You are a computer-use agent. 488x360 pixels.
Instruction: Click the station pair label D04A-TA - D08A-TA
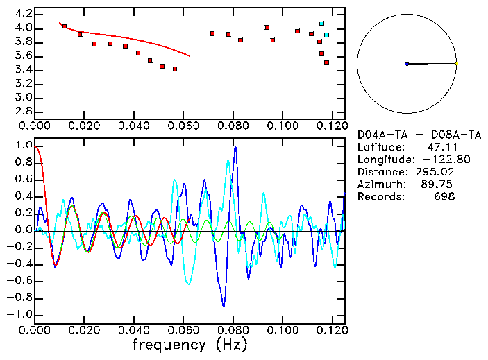click(419, 135)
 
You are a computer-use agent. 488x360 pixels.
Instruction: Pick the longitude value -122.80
click(437, 160)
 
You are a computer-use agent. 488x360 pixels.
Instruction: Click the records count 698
click(445, 197)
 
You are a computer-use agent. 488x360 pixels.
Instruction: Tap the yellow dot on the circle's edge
click(456, 64)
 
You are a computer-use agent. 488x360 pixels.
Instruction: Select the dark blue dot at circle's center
click(407, 64)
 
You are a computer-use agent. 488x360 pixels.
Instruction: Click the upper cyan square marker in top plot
click(321, 24)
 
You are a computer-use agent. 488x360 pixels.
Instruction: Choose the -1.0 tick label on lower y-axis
click(21, 314)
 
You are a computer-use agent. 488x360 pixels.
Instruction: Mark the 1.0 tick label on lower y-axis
click(23, 146)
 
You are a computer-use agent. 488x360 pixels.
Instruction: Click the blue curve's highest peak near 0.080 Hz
click(235, 147)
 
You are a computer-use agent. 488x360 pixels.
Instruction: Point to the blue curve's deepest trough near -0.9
click(224, 306)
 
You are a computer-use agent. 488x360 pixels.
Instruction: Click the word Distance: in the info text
click(380, 172)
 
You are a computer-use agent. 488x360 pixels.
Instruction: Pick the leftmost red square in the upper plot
click(65, 26)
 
